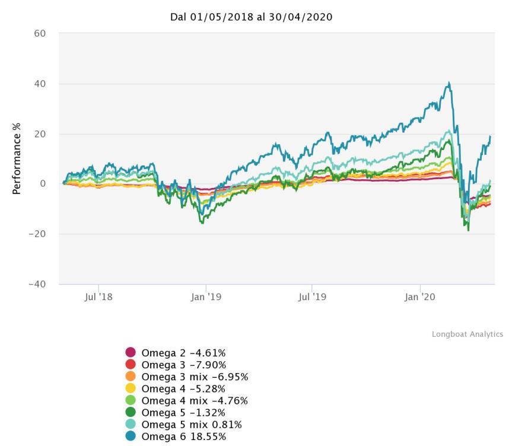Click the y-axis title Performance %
(17, 160)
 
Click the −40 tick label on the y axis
(38, 284)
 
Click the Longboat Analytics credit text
(467, 334)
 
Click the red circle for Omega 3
(131, 364)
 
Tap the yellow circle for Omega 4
(131, 388)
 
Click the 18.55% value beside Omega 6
(208, 437)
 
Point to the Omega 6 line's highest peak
(449, 83)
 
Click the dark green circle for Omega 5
(131, 412)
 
